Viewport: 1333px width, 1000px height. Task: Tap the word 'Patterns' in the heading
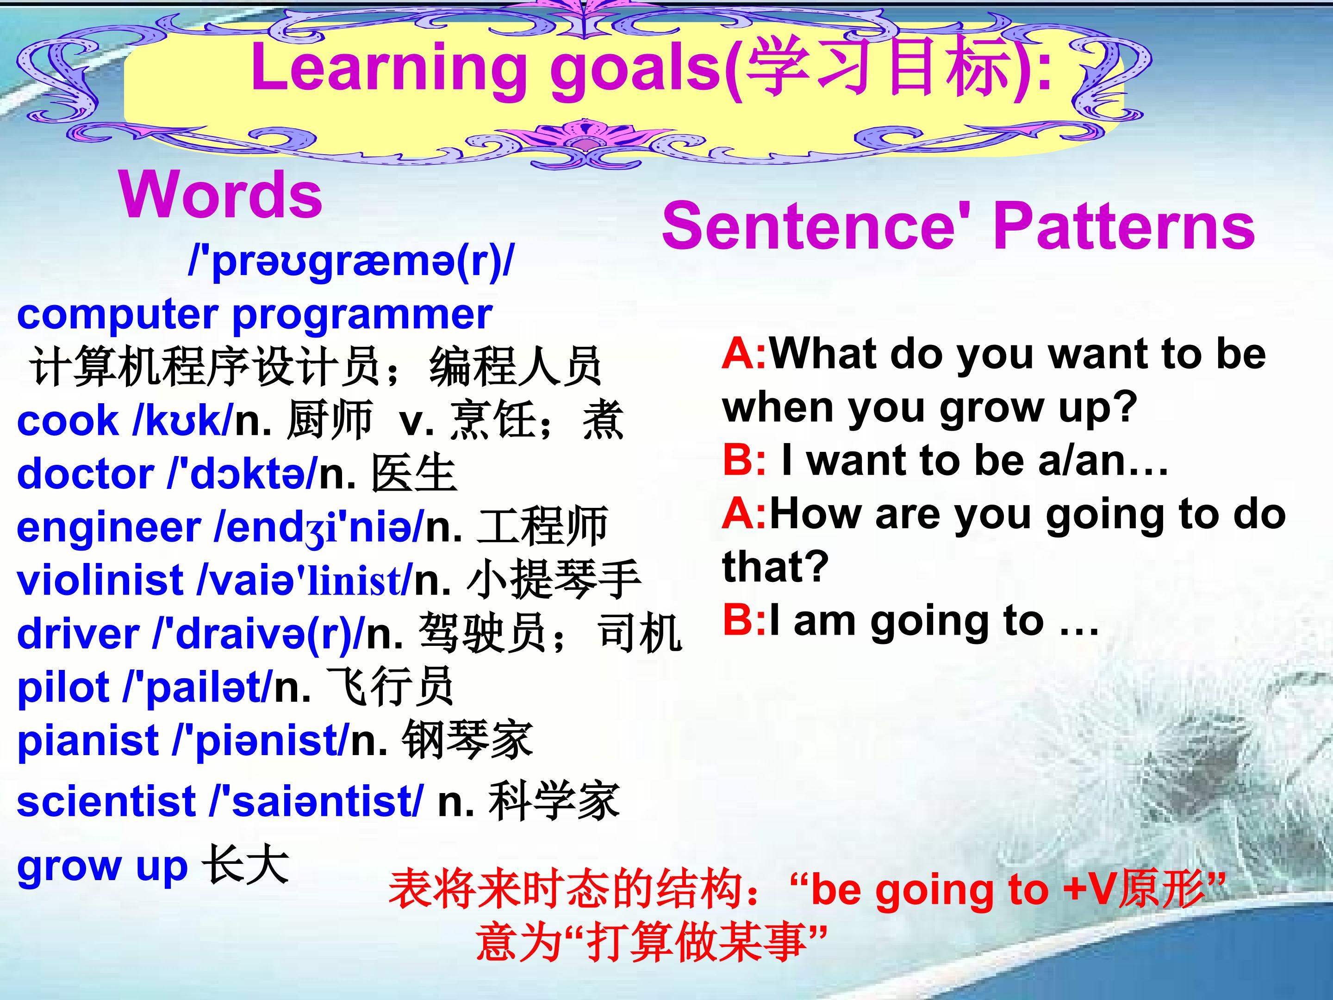tap(1124, 225)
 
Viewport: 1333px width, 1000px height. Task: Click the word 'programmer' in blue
tap(362, 316)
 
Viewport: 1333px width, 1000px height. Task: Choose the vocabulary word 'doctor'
tap(85, 474)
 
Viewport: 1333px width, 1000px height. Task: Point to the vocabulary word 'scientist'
tap(106, 802)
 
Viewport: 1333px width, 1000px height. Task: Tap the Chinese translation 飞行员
tap(389, 687)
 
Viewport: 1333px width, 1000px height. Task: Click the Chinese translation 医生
tap(413, 474)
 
